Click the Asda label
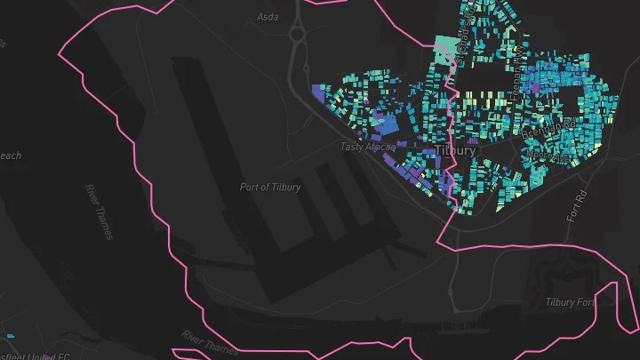pyautogui.click(x=268, y=17)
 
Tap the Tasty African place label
pyautogui.click(x=367, y=147)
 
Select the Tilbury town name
pyautogui.click(x=455, y=150)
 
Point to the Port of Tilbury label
pyautogui.click(x=270, y=188)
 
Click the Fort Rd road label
pyautogui.click(x=578, y=205)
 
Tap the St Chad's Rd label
pyautogui.click(x=462, y=40)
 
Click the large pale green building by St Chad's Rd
pyautogui.click(x=443, y=52)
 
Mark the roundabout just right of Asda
pyautogui.click(x=296, y=34)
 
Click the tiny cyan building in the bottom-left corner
pyautogui.click(x=10, y=336)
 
